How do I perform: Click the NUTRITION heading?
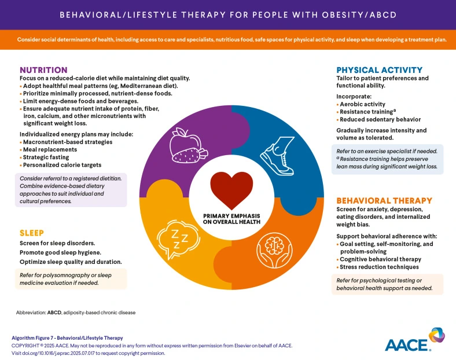(x=44, y=70)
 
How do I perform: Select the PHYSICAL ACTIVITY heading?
(x=375, y=69)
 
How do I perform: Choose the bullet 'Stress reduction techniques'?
(x=380, y=267)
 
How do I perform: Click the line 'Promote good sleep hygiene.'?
(x=63, y=252)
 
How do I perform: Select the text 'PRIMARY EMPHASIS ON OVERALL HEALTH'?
(x=227, y=218)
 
